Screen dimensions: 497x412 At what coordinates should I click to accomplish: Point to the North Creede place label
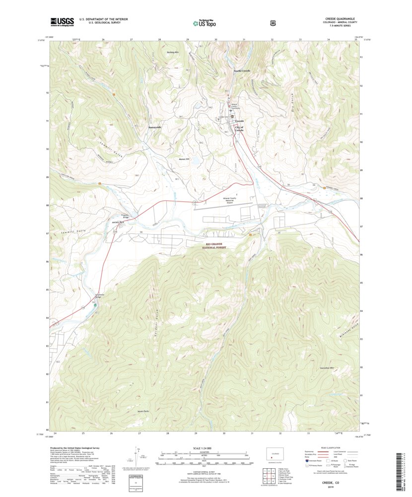pyautogui.click(x=242, y=71)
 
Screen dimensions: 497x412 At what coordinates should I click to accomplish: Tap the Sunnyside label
pyautogui.click(x=155, y=127)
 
